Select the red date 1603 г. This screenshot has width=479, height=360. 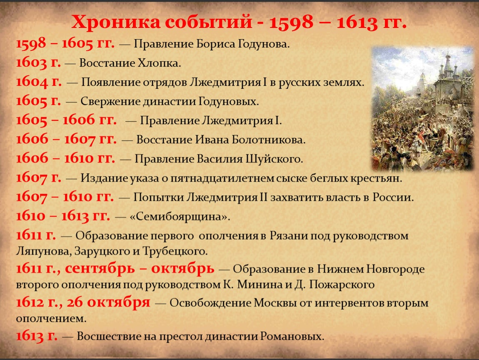38,63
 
